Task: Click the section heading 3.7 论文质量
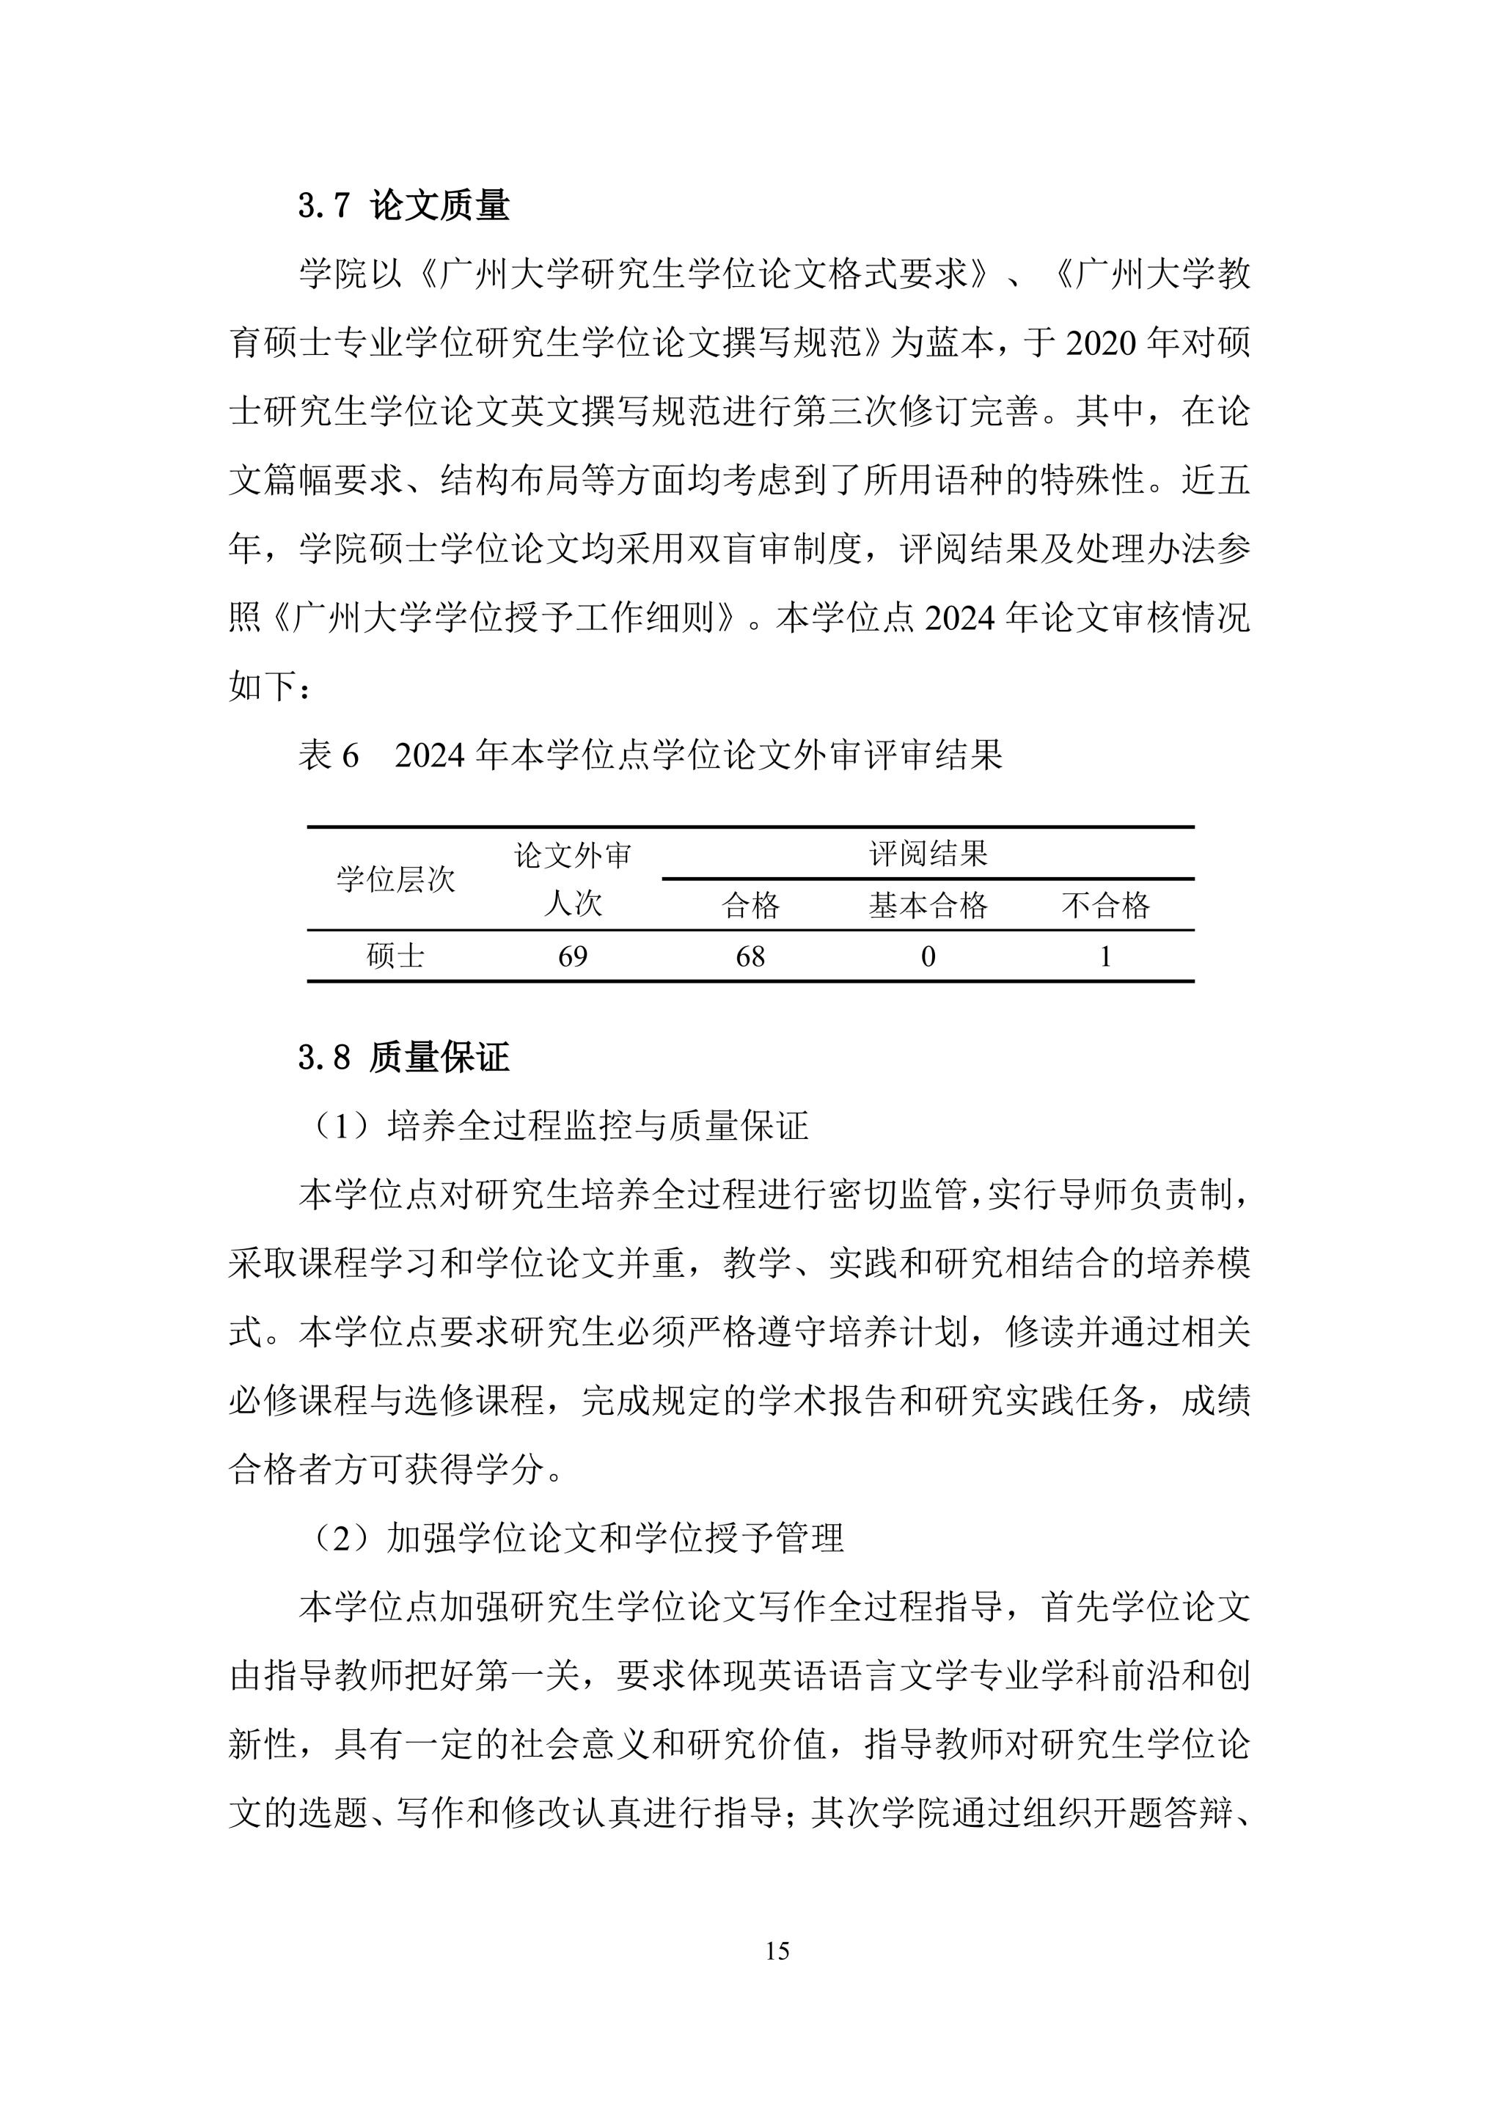point(403,205)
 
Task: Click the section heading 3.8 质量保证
point(403,1058)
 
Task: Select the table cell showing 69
point(573,956)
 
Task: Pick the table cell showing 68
point(750,956)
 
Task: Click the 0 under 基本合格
point(928,956)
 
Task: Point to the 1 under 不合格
point(1105,956)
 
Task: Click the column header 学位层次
point(396,879)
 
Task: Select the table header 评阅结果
point(928,853)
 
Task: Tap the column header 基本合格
point(928,905)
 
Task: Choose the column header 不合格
point(1105,905)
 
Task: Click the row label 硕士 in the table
point(396,956)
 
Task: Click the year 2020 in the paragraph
point(1101,343)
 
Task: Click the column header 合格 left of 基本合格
point(750,905)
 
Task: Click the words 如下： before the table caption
point(269,686)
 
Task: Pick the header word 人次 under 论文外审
point(573,903)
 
